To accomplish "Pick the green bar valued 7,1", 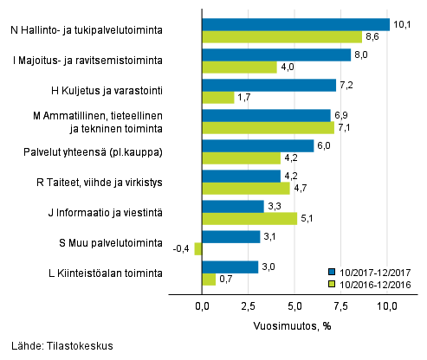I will point(267,128).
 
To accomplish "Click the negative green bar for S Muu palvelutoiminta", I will point(198,249).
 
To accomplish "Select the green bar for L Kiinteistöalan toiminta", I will point(208,280).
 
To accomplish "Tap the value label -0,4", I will point(183,249).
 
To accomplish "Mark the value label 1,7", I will point(245,98).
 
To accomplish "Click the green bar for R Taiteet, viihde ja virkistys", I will point(245,189).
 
